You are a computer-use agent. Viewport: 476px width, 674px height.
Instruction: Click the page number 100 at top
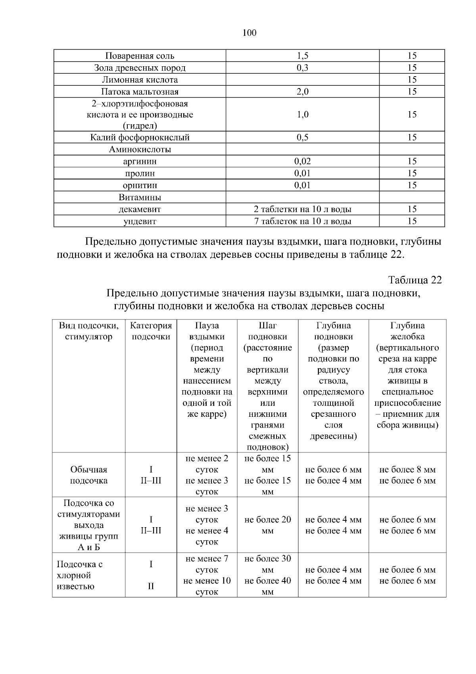pos(249,33)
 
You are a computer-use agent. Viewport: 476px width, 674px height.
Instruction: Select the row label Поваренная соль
pos(140,56)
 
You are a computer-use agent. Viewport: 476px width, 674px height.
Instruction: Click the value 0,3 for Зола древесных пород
pos(302,68)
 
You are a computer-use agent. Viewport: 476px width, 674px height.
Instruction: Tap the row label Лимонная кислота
pos(140,80)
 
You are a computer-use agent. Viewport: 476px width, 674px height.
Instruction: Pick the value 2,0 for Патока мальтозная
pos(302,92)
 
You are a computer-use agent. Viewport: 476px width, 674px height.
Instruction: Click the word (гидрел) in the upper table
pos(140,126)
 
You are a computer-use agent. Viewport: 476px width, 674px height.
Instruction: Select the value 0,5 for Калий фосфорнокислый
pos(302,138)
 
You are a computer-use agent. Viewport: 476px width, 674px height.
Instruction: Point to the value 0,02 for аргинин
pos(302,162)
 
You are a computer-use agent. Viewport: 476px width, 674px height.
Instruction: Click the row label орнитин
pos(140,185)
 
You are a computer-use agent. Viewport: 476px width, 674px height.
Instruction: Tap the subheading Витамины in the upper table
pos(140,197)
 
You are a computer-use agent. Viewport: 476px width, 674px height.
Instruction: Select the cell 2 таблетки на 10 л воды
pos(302,209)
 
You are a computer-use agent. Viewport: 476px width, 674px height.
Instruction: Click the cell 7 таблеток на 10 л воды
pos(302,221)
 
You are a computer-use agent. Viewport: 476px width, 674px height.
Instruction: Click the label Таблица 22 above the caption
pos(415,280)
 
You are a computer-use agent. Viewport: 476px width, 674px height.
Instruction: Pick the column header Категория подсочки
pos(151,331)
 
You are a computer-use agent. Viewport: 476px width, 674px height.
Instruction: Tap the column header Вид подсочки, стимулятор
pos(88,331)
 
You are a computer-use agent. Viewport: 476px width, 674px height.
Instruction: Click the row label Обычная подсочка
pos(88,475)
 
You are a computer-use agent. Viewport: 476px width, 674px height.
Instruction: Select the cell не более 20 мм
pos(268,525)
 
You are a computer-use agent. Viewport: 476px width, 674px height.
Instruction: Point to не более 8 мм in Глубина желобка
pos(407,470)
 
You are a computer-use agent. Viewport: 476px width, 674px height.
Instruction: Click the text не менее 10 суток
pos(207,586)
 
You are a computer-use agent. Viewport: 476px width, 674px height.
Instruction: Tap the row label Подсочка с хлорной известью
pos(79,575)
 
